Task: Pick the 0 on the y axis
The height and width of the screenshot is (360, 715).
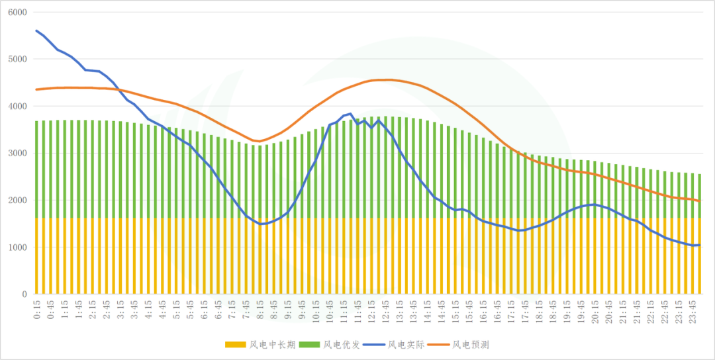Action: [23, 294]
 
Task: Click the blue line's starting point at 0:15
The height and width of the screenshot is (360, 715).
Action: [36, 30]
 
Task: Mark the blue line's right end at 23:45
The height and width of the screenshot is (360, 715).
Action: [699, 245]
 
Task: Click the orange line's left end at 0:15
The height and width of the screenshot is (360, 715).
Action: [36, 89]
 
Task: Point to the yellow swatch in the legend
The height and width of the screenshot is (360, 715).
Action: [235, 345]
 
